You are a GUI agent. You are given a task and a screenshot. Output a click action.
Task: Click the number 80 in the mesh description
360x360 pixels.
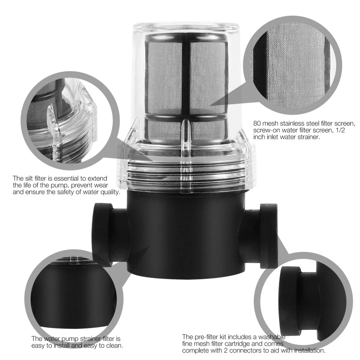(257, 123)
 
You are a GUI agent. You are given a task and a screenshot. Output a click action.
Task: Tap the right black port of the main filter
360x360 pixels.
(261, 236)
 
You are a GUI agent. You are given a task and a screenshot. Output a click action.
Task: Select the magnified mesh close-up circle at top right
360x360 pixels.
(292, 66)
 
